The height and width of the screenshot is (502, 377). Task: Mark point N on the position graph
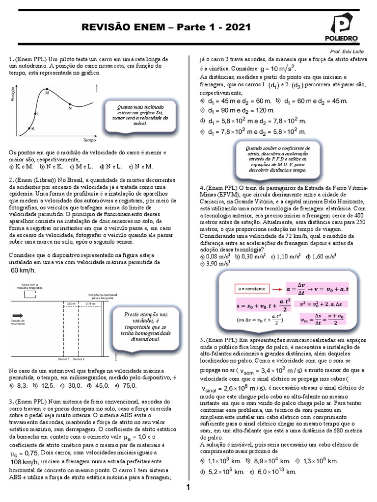point(70,104)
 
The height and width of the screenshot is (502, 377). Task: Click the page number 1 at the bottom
point(188,487)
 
